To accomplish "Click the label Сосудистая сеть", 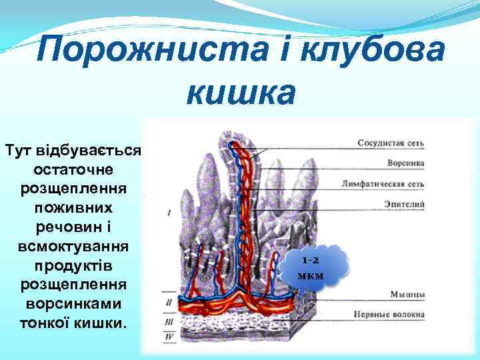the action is pyautogui.click(x=391, y=143).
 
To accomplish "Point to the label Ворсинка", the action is pyautogui.click(x=407, y=163).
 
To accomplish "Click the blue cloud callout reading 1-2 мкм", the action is pyautogui.click(x=313, y=269).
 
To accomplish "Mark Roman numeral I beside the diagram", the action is pyautogui.click(x=169, y=213).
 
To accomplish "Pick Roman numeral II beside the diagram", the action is pyautogui.click(x=168, y=302).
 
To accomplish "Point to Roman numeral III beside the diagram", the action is pyautogui.click(x=168, y=321).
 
